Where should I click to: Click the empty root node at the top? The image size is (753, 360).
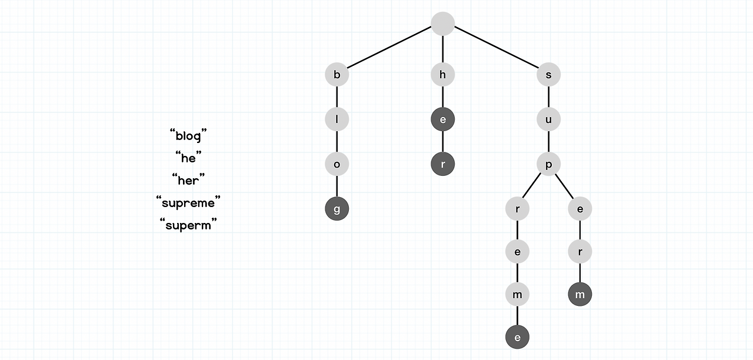point(443,24)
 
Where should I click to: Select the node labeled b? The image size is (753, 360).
point(337,75)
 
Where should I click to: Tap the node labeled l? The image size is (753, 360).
point(337,119)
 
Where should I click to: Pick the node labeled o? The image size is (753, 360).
point(337,164)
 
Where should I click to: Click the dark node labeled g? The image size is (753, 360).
point(337,209)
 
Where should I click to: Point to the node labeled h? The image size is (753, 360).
point(443,75)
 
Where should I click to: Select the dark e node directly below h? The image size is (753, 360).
point(443,119)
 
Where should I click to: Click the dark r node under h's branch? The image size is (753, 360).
point(443,164)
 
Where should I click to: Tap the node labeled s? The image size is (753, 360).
point(549,75)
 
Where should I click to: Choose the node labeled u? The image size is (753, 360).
point(549,119)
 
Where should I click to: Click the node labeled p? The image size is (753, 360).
point(549,164)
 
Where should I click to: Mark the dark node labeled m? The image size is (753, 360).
point(580,295)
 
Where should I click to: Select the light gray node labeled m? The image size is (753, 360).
point(517,295)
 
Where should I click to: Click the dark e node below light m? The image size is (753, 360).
point(517,338)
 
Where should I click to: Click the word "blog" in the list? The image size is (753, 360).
point(188,136)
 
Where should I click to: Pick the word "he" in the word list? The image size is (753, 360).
point(188,158)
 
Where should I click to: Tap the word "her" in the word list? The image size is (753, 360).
point(188,181)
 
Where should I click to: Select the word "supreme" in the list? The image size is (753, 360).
point(188,203)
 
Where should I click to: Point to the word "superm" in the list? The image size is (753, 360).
point(188,225)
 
